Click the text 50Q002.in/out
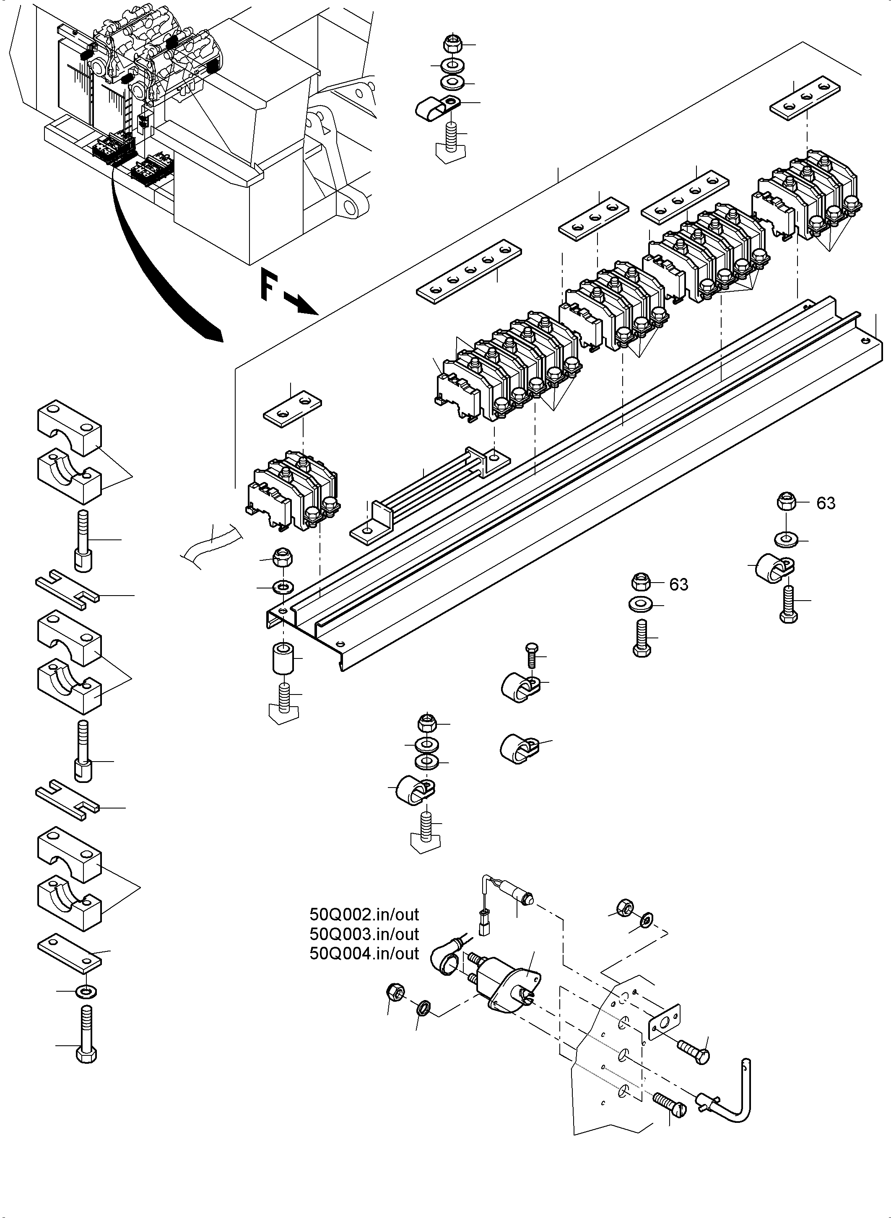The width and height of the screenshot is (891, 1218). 364,915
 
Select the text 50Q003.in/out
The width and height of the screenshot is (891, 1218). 364,934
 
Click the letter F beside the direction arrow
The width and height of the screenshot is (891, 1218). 268,286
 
